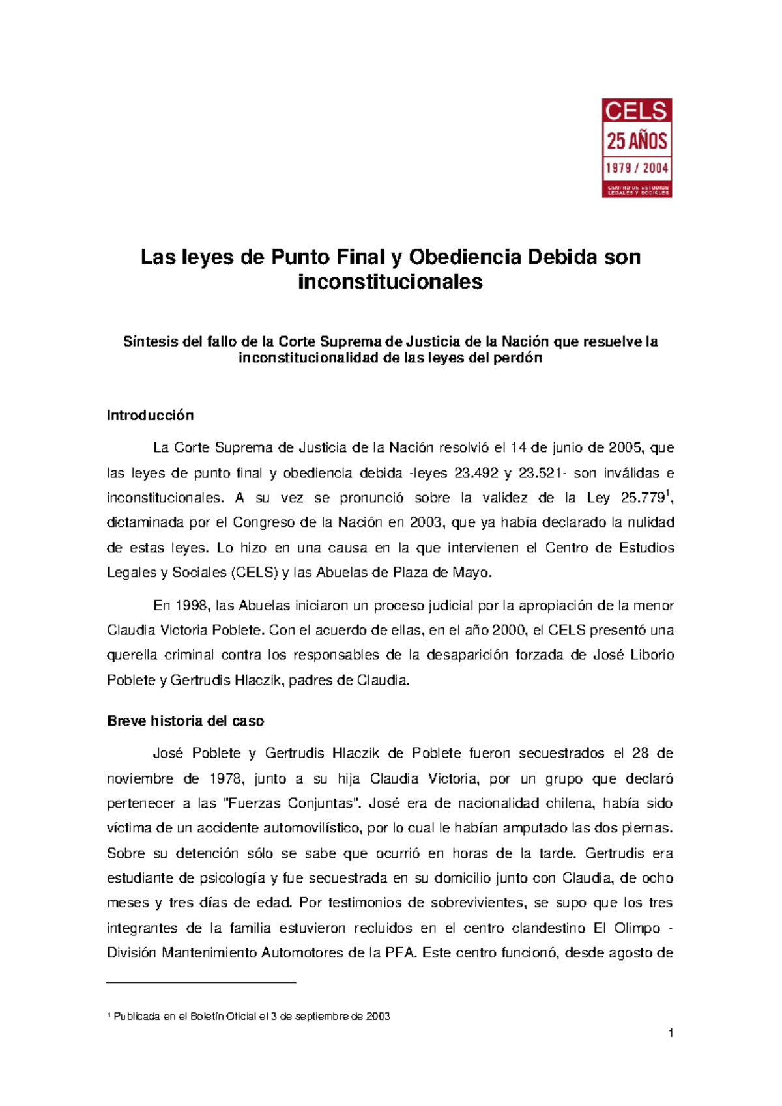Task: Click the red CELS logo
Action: click(636, 148)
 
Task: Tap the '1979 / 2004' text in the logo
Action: click(637, 168)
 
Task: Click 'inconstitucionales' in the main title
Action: click(390, 282)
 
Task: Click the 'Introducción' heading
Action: click(150, 416)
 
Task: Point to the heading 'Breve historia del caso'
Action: click(185, 721)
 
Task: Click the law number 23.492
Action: click(476, 473)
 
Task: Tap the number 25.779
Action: click(642, 498)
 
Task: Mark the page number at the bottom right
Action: click(671, 1033)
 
